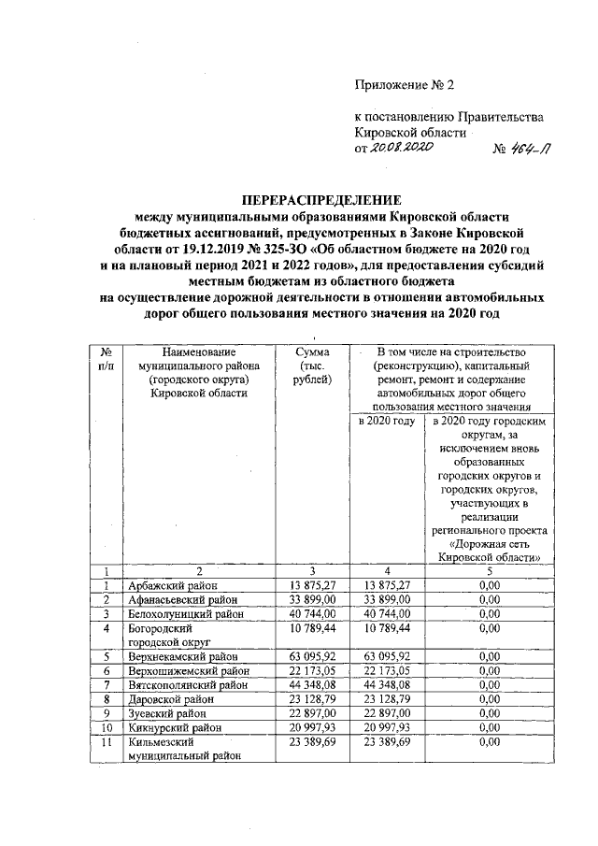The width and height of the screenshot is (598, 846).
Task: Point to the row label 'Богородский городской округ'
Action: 168,636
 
